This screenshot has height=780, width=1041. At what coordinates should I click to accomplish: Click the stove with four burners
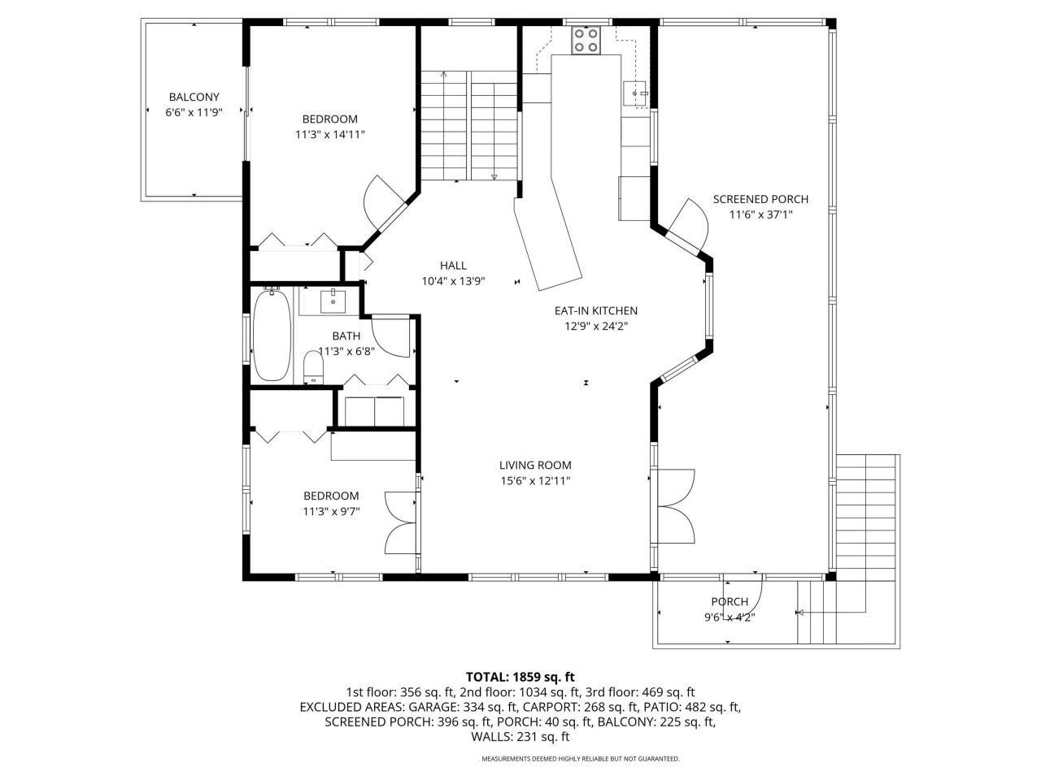tap(586, 40)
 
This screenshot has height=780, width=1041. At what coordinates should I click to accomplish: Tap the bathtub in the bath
tap(272, 336)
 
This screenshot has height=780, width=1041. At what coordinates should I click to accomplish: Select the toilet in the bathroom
tap(313, 366)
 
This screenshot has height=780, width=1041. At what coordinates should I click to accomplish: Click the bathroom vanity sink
tap(333, 301)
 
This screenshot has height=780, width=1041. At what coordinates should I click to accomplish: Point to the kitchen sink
tap(635, 94)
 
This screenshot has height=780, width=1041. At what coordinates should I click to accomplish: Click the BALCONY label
tap(194, 97)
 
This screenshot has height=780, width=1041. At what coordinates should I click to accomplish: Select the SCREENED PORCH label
tap(760, 199)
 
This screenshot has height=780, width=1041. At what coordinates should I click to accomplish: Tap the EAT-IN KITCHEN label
tap(595, 310)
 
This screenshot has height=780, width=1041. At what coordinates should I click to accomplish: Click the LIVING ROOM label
tap(535, 466)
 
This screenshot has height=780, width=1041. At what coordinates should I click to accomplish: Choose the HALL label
tap(453, 266)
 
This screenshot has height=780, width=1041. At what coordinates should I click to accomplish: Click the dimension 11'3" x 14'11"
tap(329, 135)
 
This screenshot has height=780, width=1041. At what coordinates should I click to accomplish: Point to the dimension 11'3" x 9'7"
tap(331, 511)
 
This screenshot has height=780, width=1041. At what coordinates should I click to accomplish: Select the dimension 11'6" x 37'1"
tap(760, 214)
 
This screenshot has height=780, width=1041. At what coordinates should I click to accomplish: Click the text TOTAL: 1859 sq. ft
tap(520, 676)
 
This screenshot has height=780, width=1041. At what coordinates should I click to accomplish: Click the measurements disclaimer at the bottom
tap(581, 759)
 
